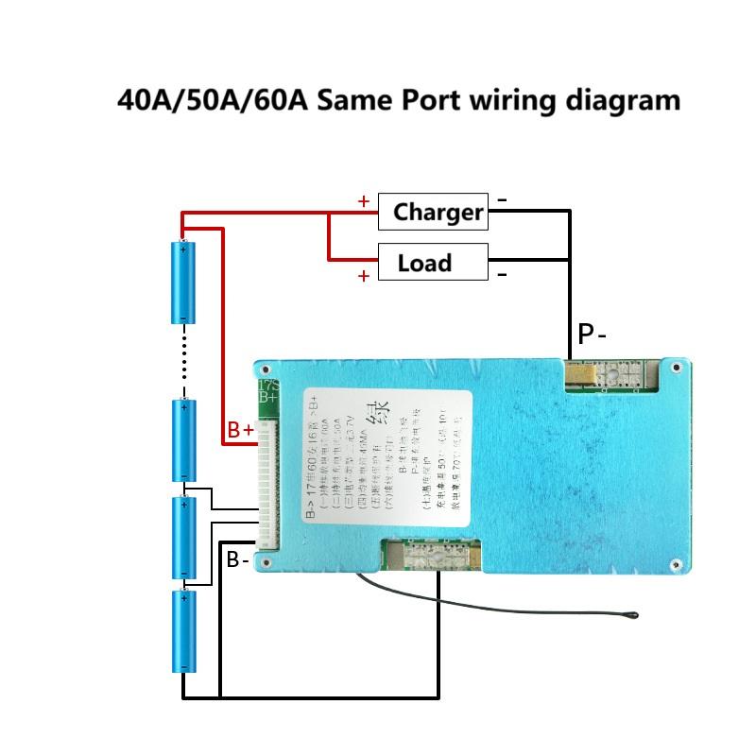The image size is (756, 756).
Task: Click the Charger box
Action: tap(433, 212)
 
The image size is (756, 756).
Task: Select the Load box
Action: tap(433, 262)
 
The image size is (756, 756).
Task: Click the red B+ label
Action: tap(241, 430)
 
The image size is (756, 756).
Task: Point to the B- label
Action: tap(237, 560)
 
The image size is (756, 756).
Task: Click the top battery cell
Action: tap(183, 283)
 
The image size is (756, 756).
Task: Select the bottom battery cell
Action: tap(183, 631)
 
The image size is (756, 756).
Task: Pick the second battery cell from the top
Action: tap(183, 440)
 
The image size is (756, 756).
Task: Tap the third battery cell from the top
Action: tap(183, 536)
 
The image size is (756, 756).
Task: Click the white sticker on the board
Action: tap(387, 454)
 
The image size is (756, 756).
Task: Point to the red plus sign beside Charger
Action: tap(364, 200)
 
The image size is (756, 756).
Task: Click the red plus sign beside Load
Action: tap(364, 276)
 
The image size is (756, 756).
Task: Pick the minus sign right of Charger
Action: tap(502, 199)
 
